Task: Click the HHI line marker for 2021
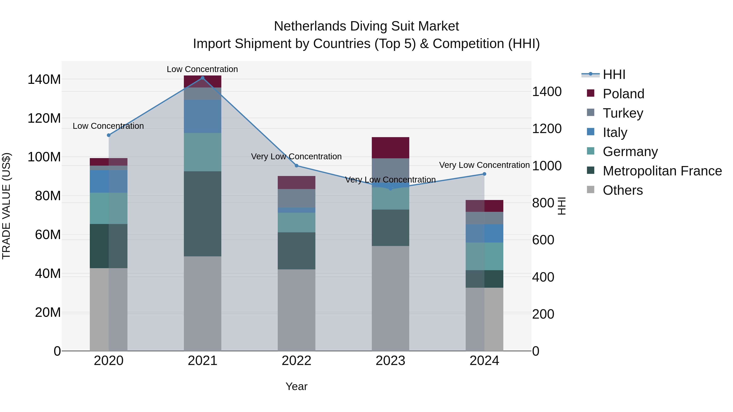202,78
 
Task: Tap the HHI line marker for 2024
484,174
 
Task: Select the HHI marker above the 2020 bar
108,135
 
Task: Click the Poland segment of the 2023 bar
390,148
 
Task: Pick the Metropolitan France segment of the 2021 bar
202,214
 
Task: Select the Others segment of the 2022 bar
296,310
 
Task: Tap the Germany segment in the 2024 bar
484,256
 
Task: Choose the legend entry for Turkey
623,113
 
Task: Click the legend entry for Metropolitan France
662,171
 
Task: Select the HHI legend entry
614,74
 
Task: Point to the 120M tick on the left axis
44,118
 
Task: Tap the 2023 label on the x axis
390,361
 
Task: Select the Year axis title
296,386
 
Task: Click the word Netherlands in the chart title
309,26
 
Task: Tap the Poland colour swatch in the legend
590,93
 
